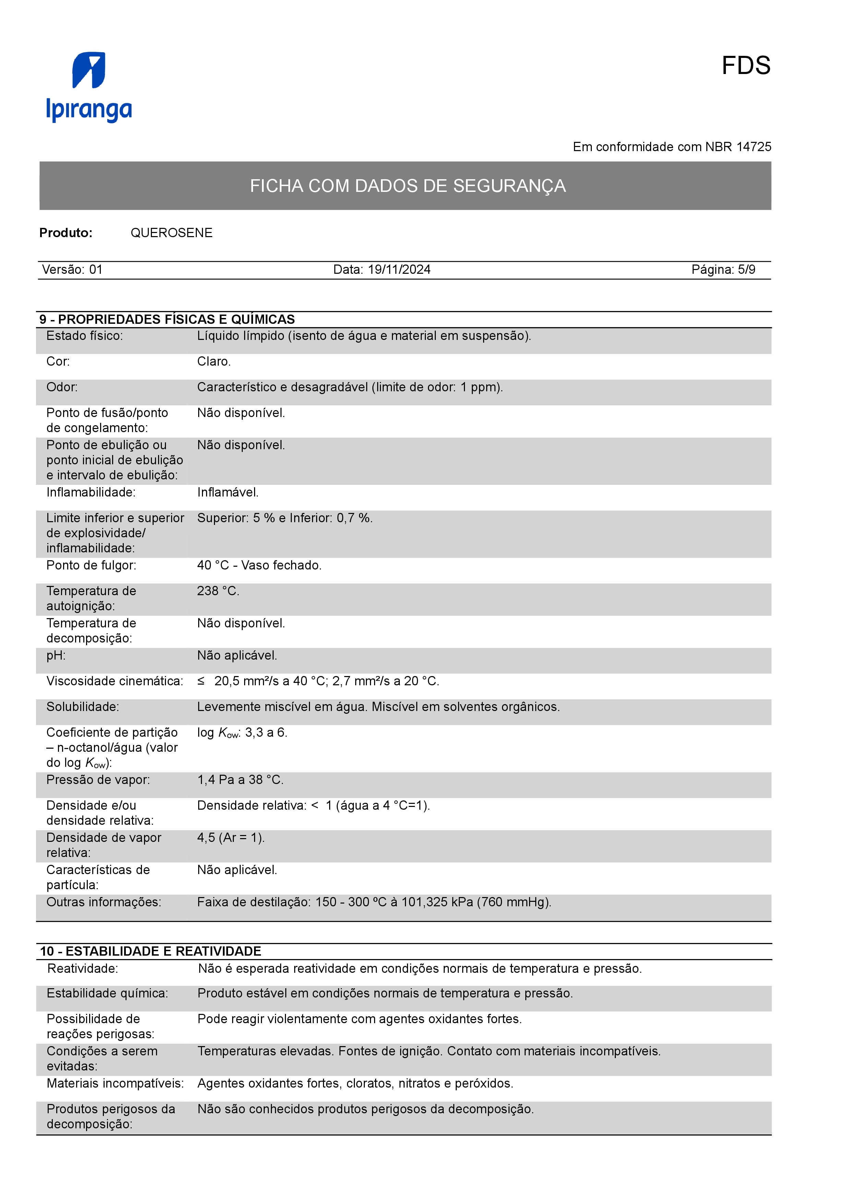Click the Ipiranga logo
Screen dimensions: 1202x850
[x=89, y=87]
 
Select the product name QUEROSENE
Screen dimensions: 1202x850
[x=171, y=233]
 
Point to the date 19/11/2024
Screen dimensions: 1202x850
[x=399, y=270]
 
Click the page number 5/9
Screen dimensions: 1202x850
[x=746, y=270]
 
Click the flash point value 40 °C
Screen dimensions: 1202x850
[x=213, y=565]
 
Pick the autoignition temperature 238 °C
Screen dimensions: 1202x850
[x=218, y=591]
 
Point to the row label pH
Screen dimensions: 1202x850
[x=56, y=655]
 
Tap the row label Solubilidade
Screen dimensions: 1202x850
[x=83, y=707]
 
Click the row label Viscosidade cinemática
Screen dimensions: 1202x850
[x=115, y=681]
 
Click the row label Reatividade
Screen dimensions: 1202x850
[x=83, y=969]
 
